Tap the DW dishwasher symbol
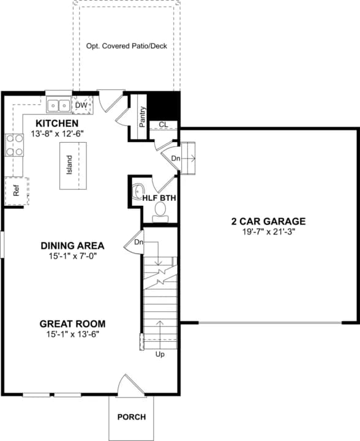[x=81, y=105]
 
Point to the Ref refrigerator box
[x=17, y=190]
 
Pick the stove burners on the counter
[x=14, y=145]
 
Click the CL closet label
[x=163, y=125]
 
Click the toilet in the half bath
[x=160, y=211]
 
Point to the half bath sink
[x=137, y=190]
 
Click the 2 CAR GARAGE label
[x=269, y=222]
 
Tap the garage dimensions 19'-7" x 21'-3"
[x=269, y=232]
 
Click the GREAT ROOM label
[x=72, y=324]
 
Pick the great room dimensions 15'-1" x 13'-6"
[x=72, y=334]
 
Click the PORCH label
[x=132, y=417]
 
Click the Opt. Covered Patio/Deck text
[x=126, y=45]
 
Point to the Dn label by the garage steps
[x=175, y=158]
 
